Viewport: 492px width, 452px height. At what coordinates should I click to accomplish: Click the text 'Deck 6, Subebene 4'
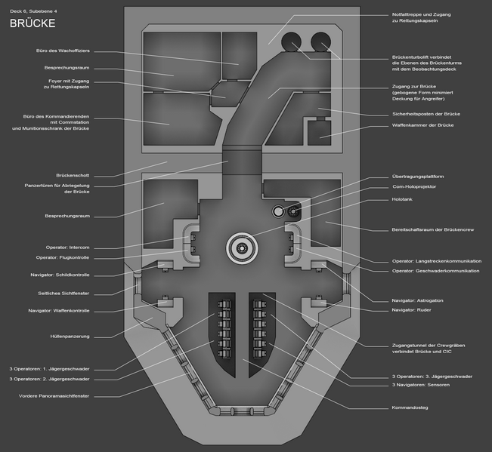coord(35,9)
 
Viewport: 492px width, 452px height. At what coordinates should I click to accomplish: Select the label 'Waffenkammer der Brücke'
coord(422,124)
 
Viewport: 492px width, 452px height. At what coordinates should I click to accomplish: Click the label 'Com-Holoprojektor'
coord(416,188)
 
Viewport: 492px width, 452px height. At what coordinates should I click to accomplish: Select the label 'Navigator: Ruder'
coord(410,310)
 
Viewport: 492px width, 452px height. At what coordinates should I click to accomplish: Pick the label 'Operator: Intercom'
coord(68,247)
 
